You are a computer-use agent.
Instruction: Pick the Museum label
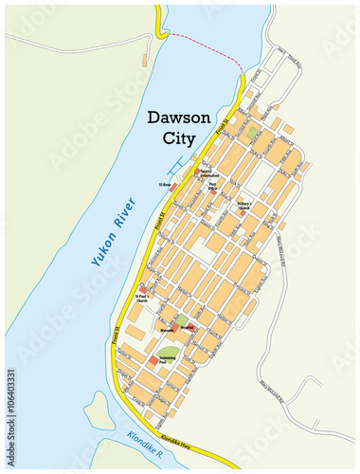tap(167, 329)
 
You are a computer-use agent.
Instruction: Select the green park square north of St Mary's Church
tap(251, 134)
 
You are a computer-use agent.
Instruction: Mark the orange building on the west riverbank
tap(144, 60)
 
